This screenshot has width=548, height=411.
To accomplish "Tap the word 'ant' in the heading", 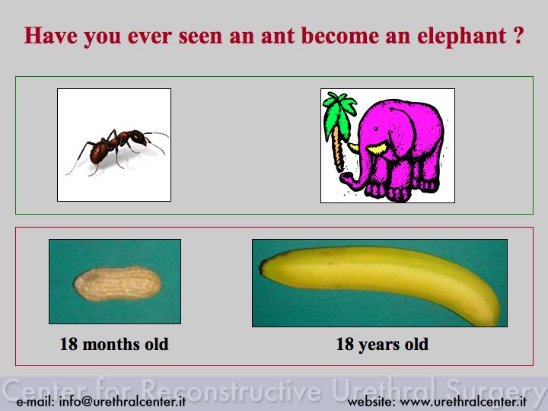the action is point(278,36).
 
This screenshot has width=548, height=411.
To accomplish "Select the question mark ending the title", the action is point(519,35).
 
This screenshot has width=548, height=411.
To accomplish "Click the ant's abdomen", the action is point(99,152).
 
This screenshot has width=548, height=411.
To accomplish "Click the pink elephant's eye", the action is point(376,129).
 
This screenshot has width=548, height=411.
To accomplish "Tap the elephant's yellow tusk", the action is point(377,148).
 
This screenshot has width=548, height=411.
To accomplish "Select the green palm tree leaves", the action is point(338,112).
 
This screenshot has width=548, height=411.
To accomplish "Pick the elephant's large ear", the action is point(403,132).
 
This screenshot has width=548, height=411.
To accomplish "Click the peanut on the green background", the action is point(117,283).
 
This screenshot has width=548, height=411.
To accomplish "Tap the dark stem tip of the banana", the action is point(262,269).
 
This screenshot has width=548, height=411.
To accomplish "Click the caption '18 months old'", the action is point(114,344).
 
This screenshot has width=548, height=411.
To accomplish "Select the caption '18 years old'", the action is point(382,344).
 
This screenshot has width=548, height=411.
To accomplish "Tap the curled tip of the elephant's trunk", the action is point(346,179).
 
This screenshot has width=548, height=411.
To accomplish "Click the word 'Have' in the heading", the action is point(50,36).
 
